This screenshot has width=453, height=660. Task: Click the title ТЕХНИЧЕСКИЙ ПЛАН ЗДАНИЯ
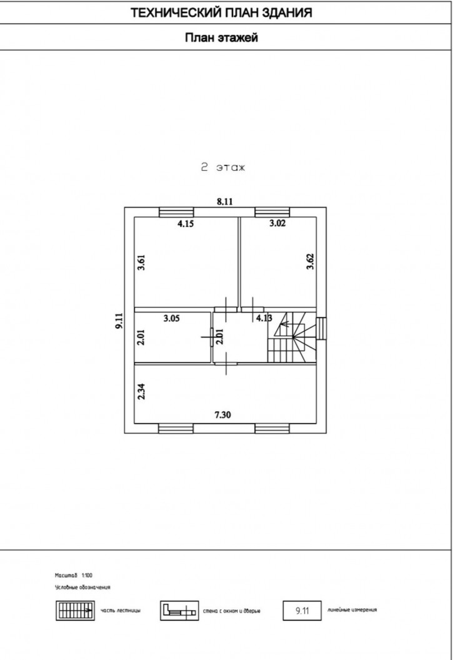[x=221, y=12]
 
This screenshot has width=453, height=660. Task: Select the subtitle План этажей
[x=221, y=37]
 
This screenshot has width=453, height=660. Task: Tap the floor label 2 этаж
[x=222, y=167]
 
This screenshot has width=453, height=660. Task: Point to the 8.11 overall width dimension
[x=225, y=201]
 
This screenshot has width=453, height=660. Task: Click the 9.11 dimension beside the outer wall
[x=119, y=320]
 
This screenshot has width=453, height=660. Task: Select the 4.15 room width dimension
[x=186, y=223]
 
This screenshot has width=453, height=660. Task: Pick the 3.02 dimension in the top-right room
[x=277, y=223]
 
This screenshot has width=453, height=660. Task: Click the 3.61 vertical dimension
[x=141, y=262]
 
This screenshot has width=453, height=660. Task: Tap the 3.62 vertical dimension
[x=310, y=261]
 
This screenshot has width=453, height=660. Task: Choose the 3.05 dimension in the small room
[x=172, y=318]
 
